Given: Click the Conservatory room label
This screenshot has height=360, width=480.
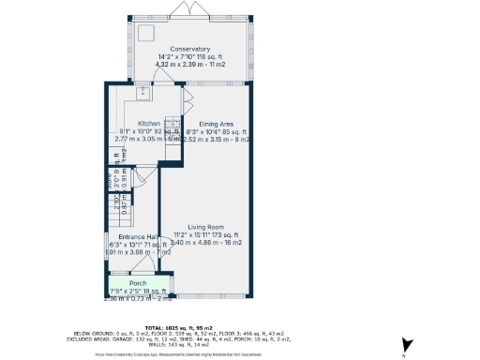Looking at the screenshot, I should click(x=189, y=49).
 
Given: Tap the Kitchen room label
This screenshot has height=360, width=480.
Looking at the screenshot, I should click(x=149, y=123).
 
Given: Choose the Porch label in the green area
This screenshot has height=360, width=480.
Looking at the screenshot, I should click(x=138, y=282).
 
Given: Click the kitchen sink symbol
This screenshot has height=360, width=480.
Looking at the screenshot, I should click(x=142, y=92).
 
